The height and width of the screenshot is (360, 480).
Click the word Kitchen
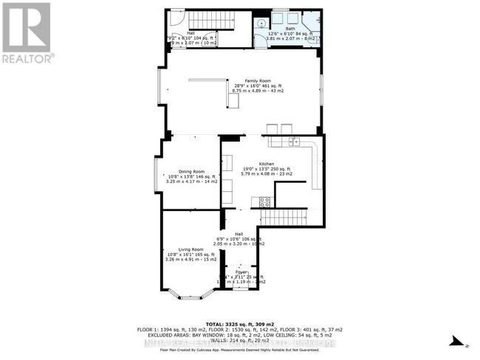pos(266,164)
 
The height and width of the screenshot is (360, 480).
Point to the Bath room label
pos(295,29)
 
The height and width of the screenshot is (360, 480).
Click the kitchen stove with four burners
pos(264,201)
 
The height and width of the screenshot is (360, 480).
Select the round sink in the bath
pos(261,24)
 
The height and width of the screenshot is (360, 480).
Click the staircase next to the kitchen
pos(285,217)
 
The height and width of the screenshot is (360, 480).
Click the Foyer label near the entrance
pos(242,272)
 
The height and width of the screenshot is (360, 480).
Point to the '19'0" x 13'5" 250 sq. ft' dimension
pos(266,169)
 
